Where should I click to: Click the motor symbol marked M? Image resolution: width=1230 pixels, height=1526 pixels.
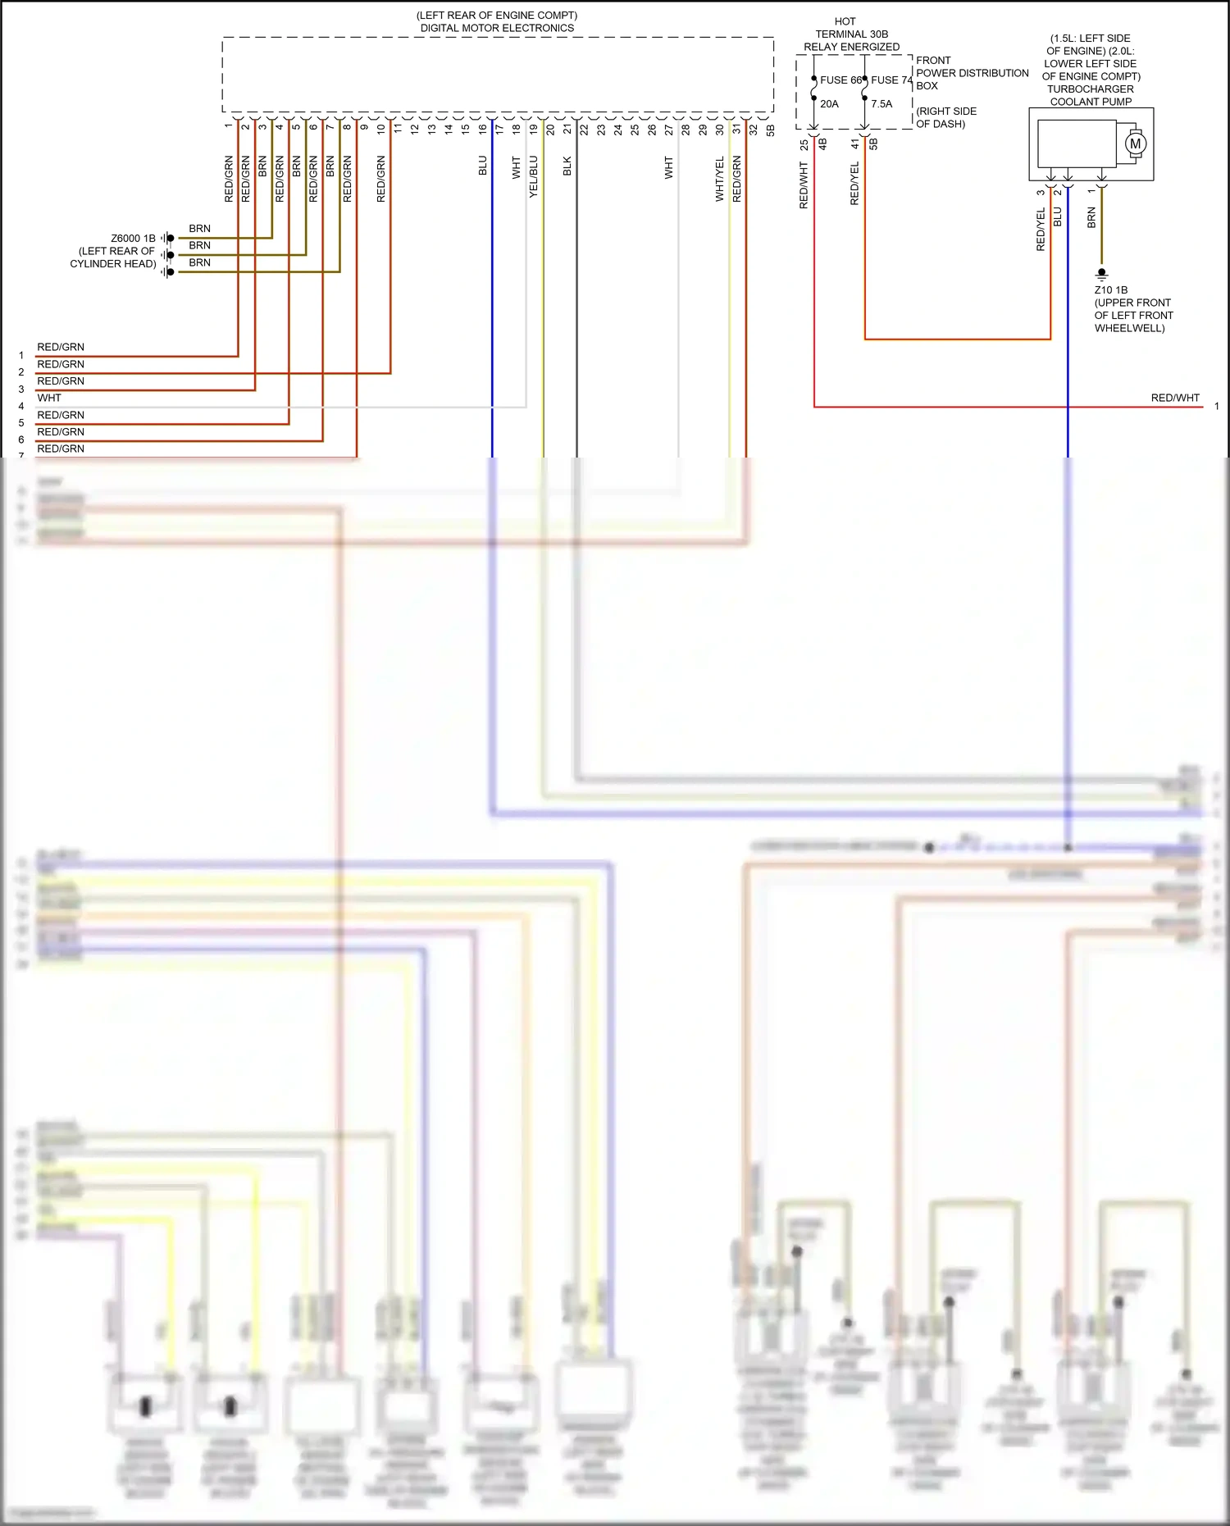pos(1135,144)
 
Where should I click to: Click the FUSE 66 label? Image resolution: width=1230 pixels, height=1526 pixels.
pos(840,80)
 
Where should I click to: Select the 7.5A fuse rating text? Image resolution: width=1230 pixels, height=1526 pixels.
pos(881,104)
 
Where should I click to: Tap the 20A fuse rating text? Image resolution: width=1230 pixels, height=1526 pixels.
pos(829,104)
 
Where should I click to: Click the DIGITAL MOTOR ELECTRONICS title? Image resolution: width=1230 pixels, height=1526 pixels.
pos(497,28)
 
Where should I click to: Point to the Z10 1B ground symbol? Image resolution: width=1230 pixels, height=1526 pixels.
pos(1102,273)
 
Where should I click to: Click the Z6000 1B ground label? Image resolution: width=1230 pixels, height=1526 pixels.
pos(133,239)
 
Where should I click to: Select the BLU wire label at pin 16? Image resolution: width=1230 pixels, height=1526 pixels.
pos(483,166)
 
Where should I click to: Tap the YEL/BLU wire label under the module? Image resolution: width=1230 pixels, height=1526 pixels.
pos(534,176)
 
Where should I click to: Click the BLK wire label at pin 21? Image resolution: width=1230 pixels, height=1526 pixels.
pos(567,166)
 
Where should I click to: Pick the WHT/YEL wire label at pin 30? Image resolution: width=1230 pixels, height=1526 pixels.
pos(720,180)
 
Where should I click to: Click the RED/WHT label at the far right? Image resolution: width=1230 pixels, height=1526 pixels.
pos(1174,398)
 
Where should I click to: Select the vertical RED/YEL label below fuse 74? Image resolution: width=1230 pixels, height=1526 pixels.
pos(854,183)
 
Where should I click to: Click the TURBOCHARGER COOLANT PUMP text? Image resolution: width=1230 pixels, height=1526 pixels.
pos(1091,95)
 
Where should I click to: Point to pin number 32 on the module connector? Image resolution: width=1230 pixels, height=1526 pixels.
pos(754,130)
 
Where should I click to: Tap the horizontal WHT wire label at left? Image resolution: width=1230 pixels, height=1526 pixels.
pos(49,398)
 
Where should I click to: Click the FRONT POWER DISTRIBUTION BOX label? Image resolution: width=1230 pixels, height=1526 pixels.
pos(971,73)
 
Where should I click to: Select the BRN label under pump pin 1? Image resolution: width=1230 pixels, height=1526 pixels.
pos(1091,218)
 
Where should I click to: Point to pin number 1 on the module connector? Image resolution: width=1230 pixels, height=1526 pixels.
pos(229,126)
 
